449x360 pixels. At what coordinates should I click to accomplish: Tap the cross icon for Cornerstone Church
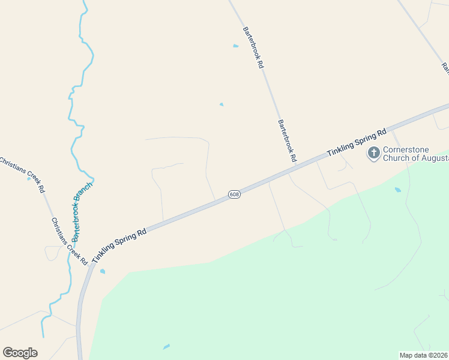coord(373,153)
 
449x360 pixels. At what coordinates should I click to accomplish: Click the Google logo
coord(20,353)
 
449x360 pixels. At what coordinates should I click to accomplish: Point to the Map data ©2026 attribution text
coord(424,355)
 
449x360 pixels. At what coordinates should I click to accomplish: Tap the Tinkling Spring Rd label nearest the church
coord(356,143)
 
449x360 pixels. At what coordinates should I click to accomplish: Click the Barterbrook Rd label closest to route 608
coord(288,140)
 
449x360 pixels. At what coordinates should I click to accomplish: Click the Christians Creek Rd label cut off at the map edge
coord(22,174)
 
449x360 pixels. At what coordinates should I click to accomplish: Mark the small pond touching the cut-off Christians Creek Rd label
coord(28,179)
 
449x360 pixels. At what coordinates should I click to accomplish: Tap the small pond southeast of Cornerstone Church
coord(397,190)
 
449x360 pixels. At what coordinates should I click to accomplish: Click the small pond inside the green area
coord(166,347)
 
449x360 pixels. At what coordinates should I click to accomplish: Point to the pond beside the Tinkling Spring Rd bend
coord(103,271)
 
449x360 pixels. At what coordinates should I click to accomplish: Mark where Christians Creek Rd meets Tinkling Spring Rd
coord(91,266)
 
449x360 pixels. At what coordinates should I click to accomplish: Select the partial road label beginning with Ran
coord(445,68)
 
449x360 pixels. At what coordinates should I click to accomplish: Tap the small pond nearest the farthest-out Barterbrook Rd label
coord(235,46)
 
